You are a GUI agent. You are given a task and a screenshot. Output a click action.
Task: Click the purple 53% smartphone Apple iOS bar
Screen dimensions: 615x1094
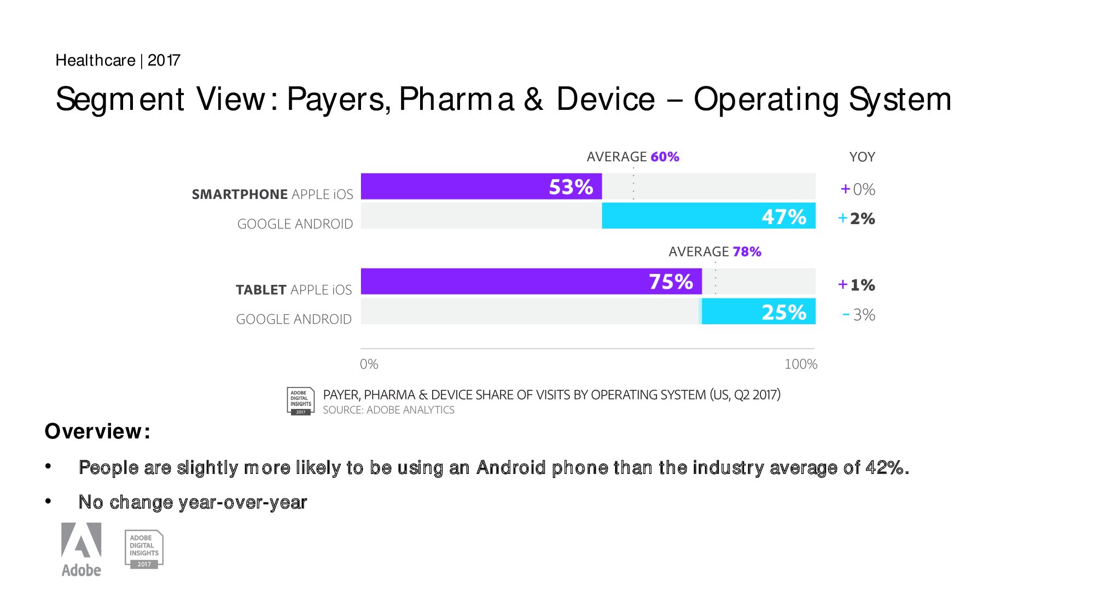tap(481, 186)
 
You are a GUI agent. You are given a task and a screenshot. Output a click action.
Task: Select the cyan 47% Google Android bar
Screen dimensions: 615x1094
tap(708, 216)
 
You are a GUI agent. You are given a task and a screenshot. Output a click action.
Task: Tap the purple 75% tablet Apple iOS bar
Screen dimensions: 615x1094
tap(531, 282)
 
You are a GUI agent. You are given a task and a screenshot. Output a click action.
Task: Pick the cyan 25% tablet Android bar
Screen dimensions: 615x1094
tap(759, 312)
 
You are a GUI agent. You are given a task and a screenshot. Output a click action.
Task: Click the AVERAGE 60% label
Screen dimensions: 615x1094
tap(633, 157)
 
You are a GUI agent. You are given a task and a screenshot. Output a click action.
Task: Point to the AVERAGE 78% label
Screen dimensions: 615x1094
tap(715, 251)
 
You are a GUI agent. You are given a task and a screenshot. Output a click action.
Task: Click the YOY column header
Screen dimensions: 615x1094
tap(862, 157)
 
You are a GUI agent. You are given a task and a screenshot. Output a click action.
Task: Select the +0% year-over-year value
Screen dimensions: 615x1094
tap(858, 189)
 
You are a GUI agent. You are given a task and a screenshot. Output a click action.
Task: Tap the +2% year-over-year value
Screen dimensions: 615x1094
tap(857, 219)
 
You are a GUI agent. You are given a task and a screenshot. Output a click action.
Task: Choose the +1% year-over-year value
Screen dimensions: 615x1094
tap(857, 285)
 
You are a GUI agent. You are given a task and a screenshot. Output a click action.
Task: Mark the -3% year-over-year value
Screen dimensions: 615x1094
tap(859, 315)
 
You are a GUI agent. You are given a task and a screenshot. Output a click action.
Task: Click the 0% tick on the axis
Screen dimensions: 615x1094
tap(369, 364)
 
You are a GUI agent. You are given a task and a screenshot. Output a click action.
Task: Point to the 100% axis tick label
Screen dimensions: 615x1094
tap(801, 364)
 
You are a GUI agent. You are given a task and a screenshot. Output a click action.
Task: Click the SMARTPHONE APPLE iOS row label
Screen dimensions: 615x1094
tap(272, 194)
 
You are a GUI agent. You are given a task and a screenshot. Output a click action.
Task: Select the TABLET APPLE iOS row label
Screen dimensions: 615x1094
tap(294, 290)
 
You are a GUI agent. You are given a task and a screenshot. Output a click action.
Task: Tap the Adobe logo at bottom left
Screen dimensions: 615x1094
tap(81, 549)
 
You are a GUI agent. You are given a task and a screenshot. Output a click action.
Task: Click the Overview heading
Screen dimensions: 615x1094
tap(97, 431)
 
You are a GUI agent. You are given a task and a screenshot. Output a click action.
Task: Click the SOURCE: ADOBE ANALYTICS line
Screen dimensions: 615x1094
tap(388, 410)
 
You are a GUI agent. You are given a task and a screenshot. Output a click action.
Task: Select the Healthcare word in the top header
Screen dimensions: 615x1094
tap(96, 60)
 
